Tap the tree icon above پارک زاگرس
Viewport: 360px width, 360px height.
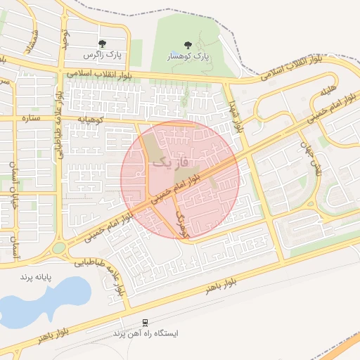point(103,44)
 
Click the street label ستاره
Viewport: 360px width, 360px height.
point(33,117)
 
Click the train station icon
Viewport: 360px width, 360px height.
point(145,323)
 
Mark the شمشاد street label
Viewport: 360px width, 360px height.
point(29,42)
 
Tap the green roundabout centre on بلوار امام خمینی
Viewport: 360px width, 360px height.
point(58,247)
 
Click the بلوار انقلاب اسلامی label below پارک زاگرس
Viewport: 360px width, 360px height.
point(98,74)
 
